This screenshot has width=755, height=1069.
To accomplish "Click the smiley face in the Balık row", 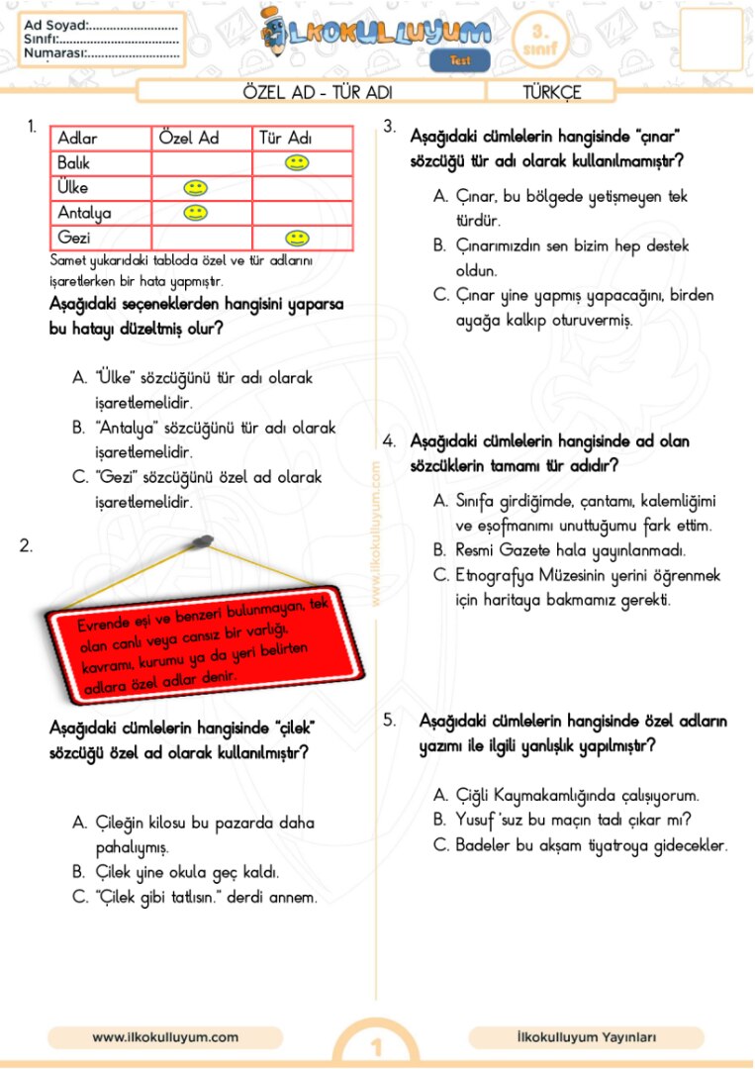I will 295,162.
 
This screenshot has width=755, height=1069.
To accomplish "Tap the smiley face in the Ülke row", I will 196,187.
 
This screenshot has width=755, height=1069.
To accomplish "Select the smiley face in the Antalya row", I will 196,212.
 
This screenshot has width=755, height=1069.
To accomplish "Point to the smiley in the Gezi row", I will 295,238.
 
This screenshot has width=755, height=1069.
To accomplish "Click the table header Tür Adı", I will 285,139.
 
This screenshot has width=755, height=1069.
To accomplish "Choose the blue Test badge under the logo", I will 460,60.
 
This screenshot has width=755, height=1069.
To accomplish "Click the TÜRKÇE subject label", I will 552,93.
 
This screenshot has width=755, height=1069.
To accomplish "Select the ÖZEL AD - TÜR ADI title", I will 318,93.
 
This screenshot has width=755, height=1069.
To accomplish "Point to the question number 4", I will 390,440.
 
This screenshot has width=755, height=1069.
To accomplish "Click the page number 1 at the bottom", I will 376,1047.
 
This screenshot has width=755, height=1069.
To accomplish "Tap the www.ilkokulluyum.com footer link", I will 165,1037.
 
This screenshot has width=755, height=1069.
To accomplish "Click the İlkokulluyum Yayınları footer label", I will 586,1037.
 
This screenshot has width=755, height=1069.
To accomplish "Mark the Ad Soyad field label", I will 55,25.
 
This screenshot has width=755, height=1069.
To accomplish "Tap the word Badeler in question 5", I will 484,845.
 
